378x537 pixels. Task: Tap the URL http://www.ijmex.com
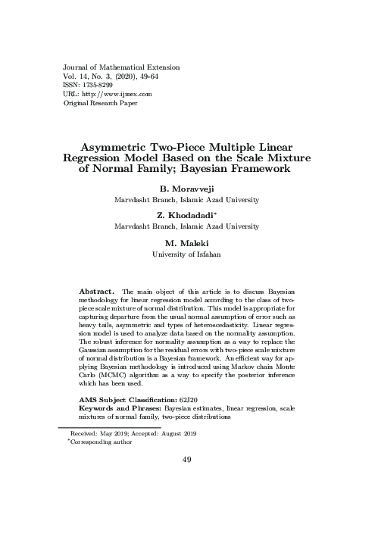pos(114,93)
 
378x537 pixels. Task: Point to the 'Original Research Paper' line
pos(100,102)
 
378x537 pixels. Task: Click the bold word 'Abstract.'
pos(97,292)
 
